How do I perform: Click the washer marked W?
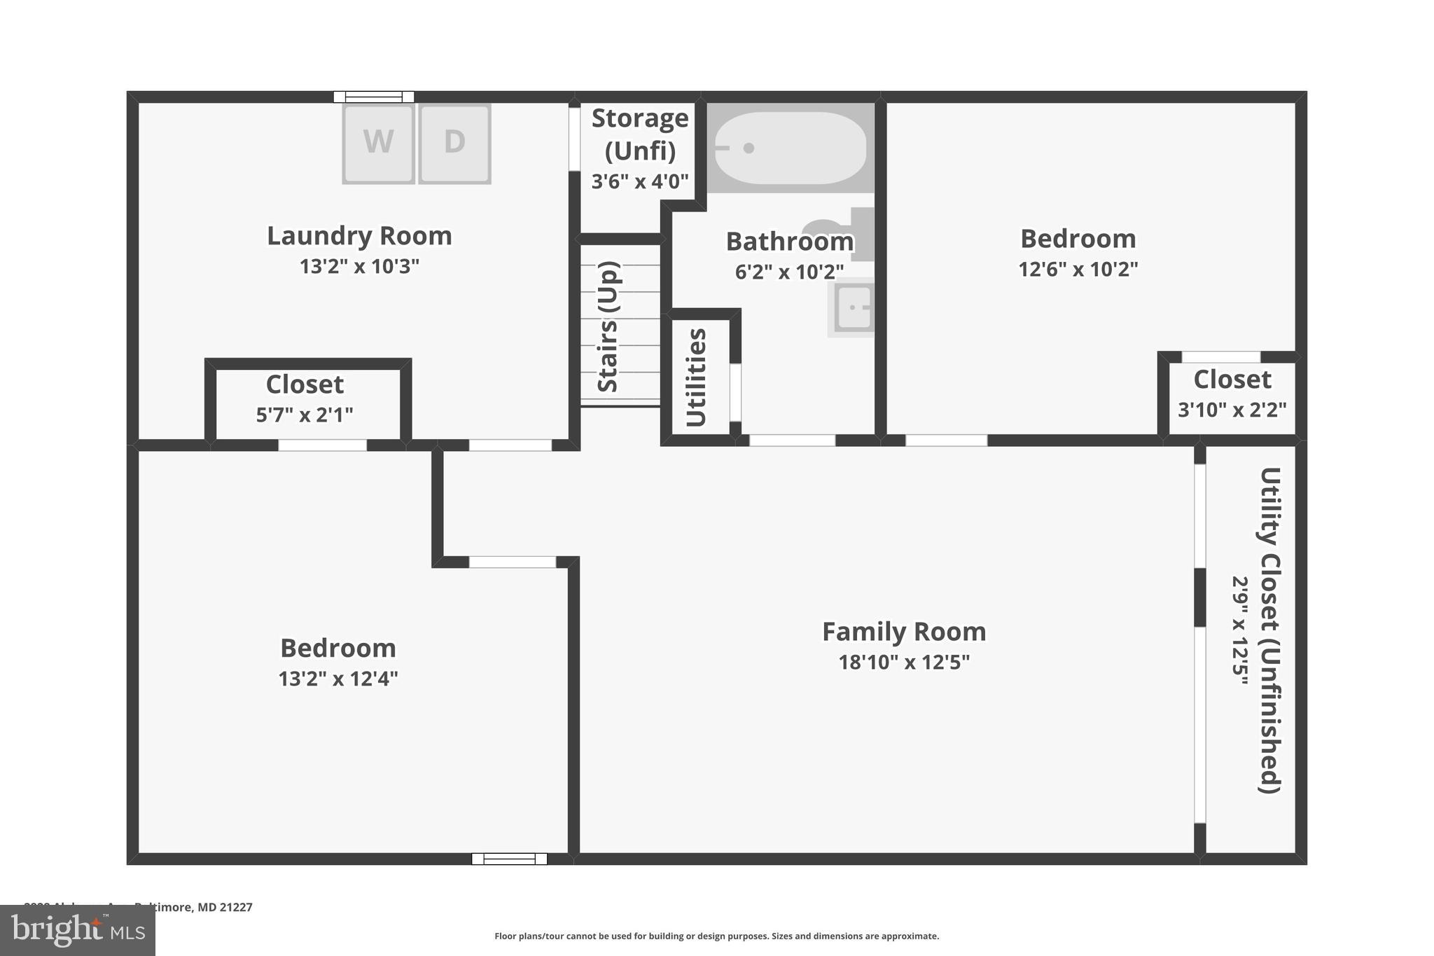click(x=378, y=144)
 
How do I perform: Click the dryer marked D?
click(x=454, y=144)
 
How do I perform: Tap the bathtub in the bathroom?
click(x=790, y=148)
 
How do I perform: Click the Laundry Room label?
click(x=359, y=236)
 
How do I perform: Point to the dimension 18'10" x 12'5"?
click(x=904, y=662)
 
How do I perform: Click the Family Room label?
click(x=904, y=632)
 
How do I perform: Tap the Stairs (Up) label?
click(x=608, y=326)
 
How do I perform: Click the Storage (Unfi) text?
click(x=640, y=134)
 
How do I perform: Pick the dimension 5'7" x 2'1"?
click(x=305, y=415)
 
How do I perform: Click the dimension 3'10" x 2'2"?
click(x=1232, y=410)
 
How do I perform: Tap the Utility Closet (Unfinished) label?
click(x=1269, y=630)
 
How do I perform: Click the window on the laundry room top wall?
click(x=373, y=97)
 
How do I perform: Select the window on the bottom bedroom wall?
click(x=509, y=859)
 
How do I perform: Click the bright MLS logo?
click(x=78, y=930)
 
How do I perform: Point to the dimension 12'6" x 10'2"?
click(x=1078, y=269)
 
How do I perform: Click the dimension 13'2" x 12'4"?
click(x=338, y=679)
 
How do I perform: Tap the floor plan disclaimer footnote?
click(x=716, y=936)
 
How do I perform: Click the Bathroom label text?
click(x=789, y=242)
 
